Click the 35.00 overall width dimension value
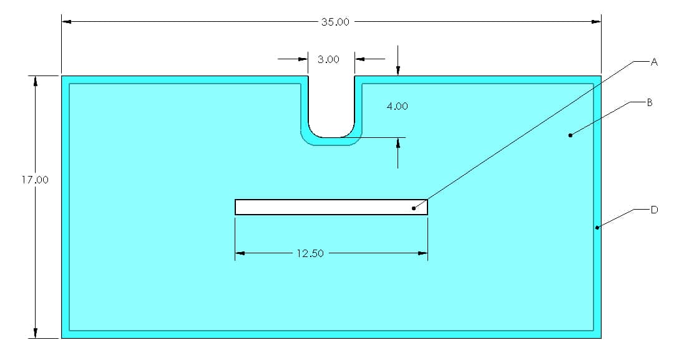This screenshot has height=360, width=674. (x=335, y=22)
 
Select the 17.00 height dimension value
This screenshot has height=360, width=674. (x=35, y=180)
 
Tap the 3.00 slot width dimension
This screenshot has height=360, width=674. (x=328, y=60)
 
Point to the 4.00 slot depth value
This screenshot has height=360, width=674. (x=398, y=107)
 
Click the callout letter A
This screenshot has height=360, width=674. (x=654, y=62)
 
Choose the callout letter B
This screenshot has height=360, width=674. (x=649, y=102)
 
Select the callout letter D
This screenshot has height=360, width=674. (x=654, y=210)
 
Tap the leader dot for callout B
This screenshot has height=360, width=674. (x=570, y=135)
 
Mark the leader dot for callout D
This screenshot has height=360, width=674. (x=597, y=228)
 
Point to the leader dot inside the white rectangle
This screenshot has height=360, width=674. (x=413, y=208)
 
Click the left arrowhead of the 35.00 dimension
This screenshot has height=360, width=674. (x=66, y=22)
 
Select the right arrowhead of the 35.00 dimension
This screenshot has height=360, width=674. (x=596, y=22)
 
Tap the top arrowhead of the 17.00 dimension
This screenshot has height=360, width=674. (x=36, y=80)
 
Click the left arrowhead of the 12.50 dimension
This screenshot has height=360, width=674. (x=240, y=253)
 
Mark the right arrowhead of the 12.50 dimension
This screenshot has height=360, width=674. (x=422, y=253)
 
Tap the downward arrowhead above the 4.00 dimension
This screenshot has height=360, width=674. (x=398, y=72)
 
